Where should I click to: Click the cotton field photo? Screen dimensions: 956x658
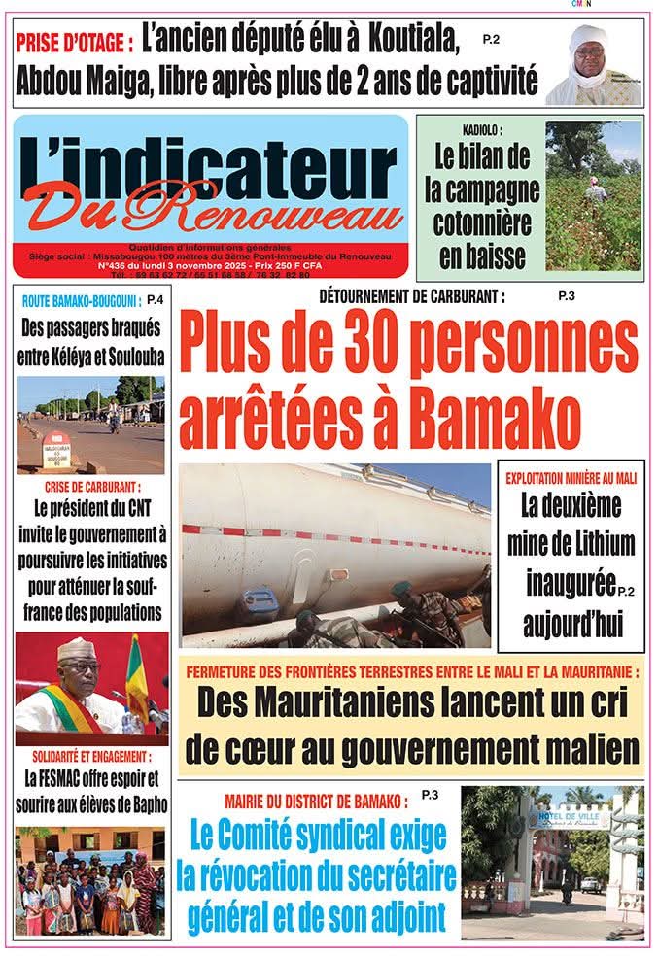click(593, 195)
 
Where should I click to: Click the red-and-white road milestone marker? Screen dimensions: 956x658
click(55, 451)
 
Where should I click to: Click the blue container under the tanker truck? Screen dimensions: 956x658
click(260, 601)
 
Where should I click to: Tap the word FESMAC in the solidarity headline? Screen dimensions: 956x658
click(67, 778)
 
